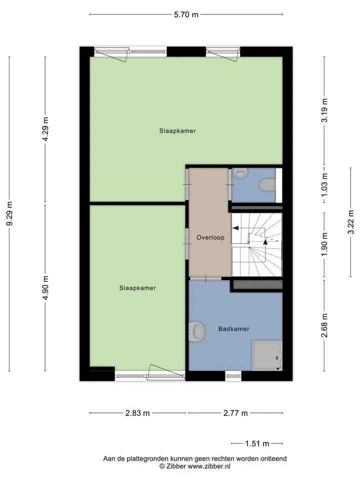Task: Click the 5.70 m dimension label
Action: (186, 14)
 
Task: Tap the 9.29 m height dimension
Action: (9, 213)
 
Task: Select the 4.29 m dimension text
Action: (45, 129)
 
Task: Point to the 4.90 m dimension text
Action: (45, 288)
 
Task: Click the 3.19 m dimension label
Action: (324, 110)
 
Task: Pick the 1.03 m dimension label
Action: (324, 185)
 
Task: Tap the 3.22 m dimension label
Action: (351, 222)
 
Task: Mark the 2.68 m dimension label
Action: (324, 325)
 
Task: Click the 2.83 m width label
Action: (137, 413)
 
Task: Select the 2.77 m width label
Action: (235, 413)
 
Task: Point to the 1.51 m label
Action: (257, 443)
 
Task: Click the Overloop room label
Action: (210, 237)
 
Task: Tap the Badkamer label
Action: (233, 329)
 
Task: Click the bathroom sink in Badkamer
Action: (196, 331)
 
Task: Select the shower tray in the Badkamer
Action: (267, 355)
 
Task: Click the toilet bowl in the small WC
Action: (267, 185)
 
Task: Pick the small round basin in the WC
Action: (240, 173)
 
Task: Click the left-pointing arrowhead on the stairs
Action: (235, 228)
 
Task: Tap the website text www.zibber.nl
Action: (209, 466)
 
